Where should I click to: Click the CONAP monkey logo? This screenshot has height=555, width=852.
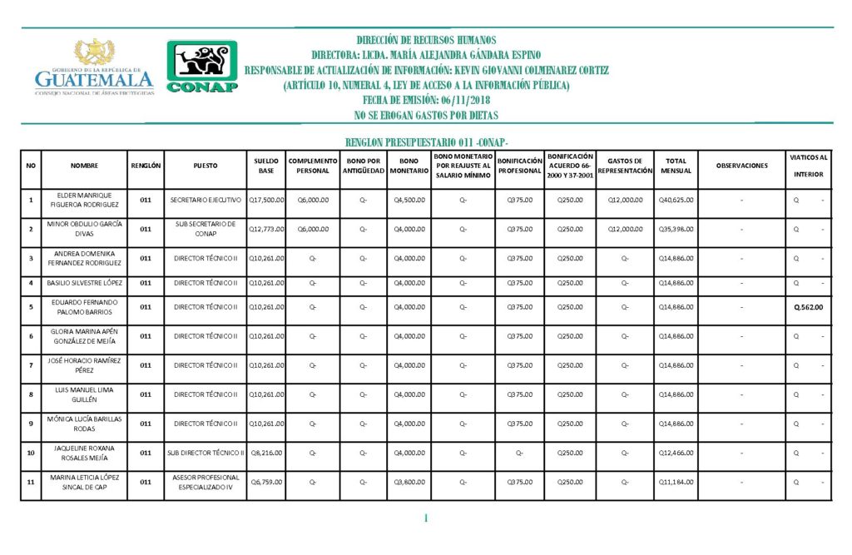pyautogui.click(x=202, y=67)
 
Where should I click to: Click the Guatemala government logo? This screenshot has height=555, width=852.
pyautogui.click(x=94, y=68)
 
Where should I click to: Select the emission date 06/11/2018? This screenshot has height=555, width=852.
pyautogui.click(x=426, y=101)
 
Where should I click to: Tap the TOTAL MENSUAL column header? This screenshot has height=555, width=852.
pyautogui.click(x=676, y=165)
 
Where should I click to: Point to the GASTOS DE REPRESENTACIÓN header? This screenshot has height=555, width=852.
pyautogui.click(x=624, y=165)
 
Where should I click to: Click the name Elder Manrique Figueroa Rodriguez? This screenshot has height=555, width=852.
pyautogui.click(x=84, y=200)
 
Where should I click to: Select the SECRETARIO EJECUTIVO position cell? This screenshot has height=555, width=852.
pyautogui.click(x=206, y=200)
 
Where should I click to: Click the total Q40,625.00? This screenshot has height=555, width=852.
pyautogui.click(x=676, y=200)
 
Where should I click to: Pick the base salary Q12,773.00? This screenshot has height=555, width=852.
pyautogui.click(x=266, y=229)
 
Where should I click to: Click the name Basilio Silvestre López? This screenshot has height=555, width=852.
pyautogui.click(x=84, y=283)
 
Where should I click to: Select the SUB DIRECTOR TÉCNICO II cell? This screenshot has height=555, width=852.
pyautogui.click(x=206, y=453)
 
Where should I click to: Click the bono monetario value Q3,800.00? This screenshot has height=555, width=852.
pyautogui.click(x=409, y=482)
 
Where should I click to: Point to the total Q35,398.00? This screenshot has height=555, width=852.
pyautogui.click(x=676, y=229)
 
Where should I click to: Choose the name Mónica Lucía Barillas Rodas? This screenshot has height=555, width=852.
pyautogui.click(x=84, y=424)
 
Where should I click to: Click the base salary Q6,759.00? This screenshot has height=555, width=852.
pyautogui.click(x=267, y=482)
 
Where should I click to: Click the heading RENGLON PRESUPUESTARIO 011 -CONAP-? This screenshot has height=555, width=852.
pyautogui.click(x=426, y=143)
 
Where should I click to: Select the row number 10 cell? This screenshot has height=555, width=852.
pyautogui.click(x=31, y=453)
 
